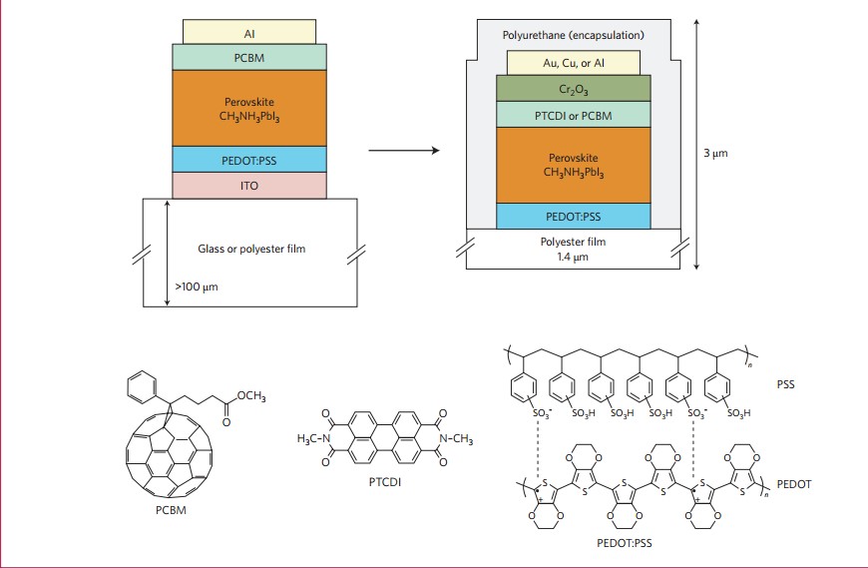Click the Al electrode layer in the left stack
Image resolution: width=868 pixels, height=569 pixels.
pos(249,31)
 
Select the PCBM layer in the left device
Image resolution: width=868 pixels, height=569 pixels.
pos(249,57)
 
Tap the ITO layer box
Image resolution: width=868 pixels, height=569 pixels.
pos(249,185)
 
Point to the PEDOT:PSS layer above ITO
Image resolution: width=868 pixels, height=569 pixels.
pos(249,159)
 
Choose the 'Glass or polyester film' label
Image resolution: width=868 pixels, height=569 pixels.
pos(249,249)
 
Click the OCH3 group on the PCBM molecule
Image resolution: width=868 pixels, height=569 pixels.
pos(251,397)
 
